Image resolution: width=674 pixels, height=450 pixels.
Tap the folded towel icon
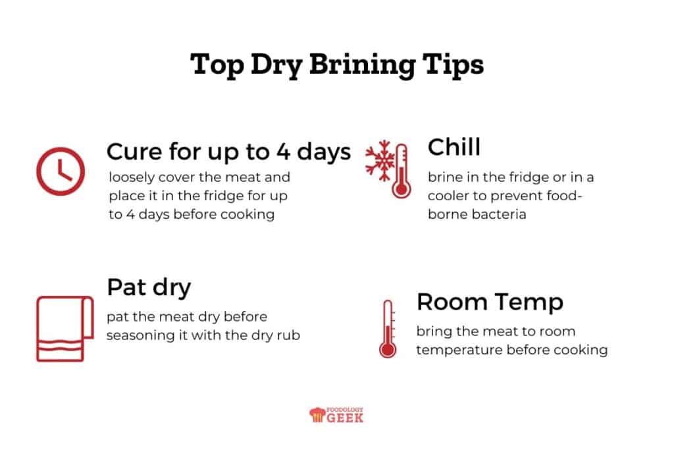coord(64,328)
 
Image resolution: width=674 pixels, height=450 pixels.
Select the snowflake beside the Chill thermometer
coord(379,159)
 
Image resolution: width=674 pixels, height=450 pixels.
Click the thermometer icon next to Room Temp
coord(388,329)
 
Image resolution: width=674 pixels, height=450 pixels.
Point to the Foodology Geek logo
coord(336,414)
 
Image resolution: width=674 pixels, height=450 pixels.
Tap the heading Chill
coord(454,148)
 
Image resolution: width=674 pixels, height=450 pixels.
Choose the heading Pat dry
coord(149,287)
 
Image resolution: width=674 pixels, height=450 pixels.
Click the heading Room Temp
coord(490,302)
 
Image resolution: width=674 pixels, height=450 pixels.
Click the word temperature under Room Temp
coord(459,350)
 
